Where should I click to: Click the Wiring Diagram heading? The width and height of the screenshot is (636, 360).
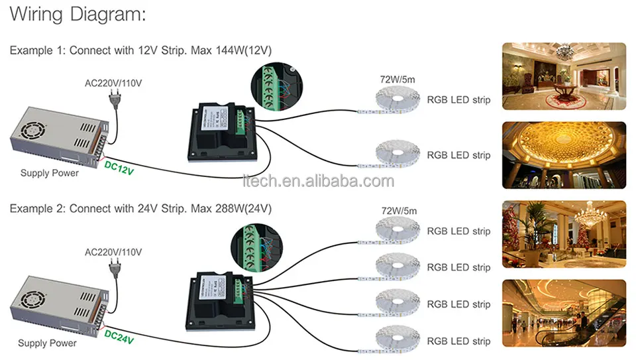click(78, 14)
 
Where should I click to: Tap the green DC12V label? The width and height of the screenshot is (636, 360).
click(119, 168)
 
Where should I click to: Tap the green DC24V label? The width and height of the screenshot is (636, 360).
click(119, 337)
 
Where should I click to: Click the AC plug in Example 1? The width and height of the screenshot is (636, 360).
click(115, 99)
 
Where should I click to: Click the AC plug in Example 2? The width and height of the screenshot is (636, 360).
click(115, 269)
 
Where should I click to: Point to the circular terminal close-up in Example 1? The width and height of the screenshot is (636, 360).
click(277, 86)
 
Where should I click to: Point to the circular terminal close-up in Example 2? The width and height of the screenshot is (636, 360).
click(257, 247)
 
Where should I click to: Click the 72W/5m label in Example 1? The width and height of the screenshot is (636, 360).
click(397, 80)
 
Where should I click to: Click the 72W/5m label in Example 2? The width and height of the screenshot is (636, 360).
click(399, 211)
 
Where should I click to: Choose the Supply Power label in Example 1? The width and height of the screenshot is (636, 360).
click(50, 173)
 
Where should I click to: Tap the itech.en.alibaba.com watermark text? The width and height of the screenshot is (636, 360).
click(319, 181)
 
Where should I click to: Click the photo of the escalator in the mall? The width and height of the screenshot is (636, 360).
click(564, 313)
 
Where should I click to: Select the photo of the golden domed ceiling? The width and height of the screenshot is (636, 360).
click(564, 155)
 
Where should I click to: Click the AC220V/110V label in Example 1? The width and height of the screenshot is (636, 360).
click(113, 83)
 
